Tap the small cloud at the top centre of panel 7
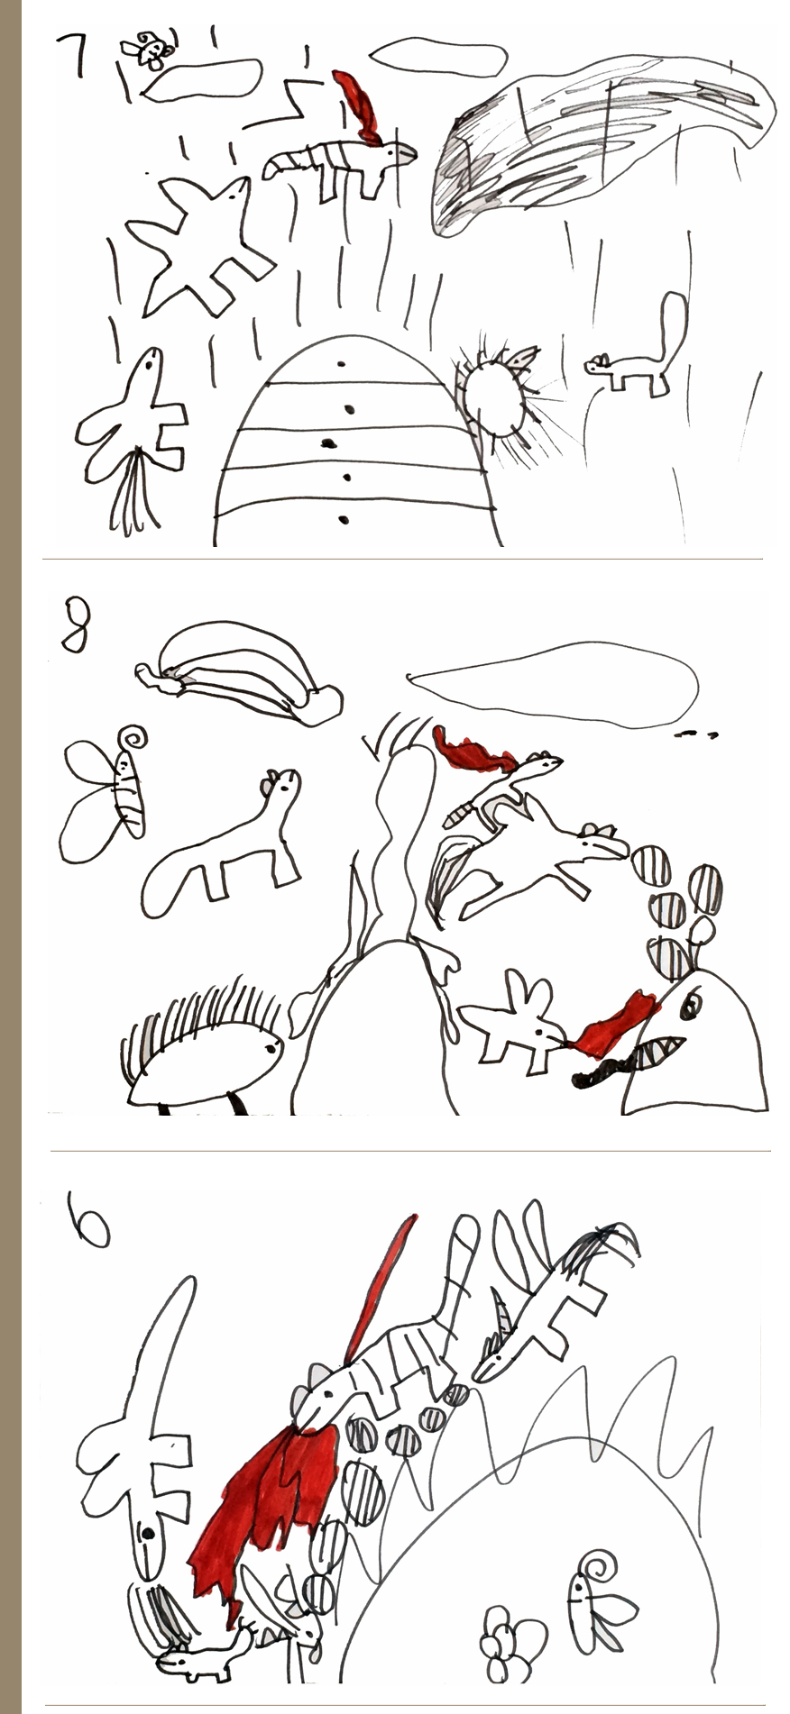pos(437,56)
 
